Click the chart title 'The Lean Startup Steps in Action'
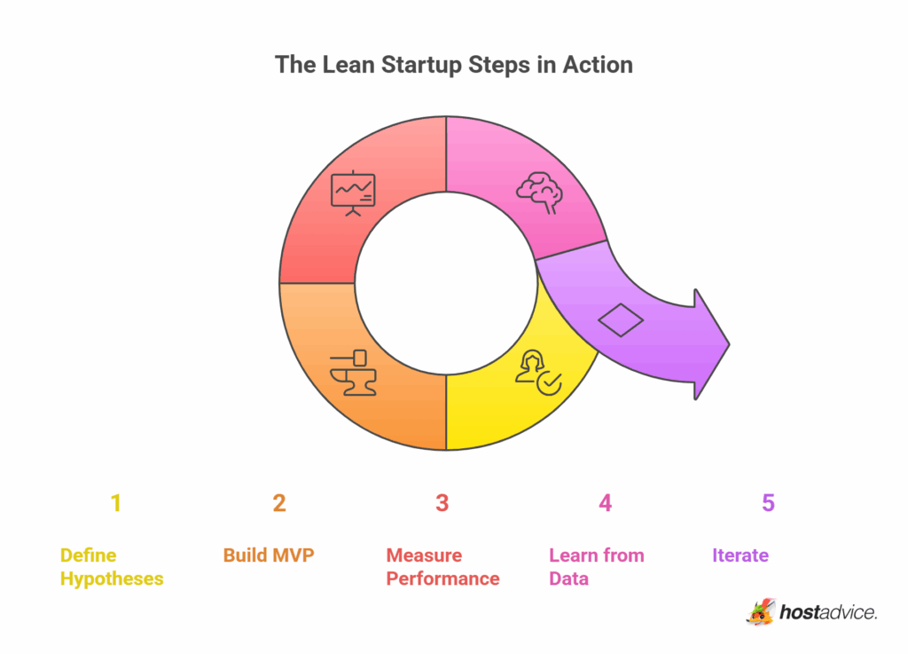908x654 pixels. click(x=453, y=65)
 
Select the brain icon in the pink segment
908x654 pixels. click(x=539, y=189)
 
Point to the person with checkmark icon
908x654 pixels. click(x=537, y=372)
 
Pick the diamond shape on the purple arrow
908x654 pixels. click(x=621, y=319)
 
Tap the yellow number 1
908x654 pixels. click(x=115, y=504)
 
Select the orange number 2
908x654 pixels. click(x=279, y=504)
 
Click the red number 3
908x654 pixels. click(x=442, y=504)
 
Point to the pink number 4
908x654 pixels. click(x=605, y=504)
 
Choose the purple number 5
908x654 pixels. click(x=768, y=504)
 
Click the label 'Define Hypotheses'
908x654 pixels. click(x=112, y=567)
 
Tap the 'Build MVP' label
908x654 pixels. click(x=269, y=556)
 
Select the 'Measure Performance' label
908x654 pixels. click(x=442, y=567)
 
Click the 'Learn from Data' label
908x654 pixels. click(x=596, y=567)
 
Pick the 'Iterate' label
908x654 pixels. click(x=740, y=556)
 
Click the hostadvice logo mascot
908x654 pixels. click(x=760, y=611)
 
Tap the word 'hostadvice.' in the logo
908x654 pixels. click(x=828, y=612)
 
